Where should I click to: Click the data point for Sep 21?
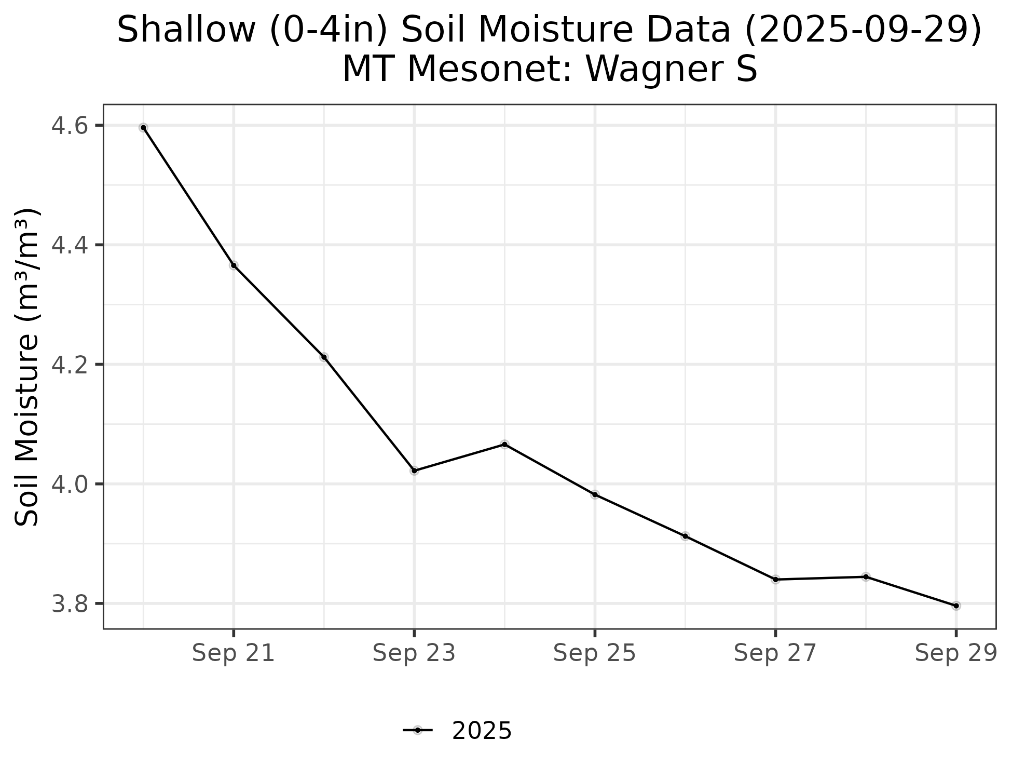(234, 265)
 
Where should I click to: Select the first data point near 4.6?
(143, 127)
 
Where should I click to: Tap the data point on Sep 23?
(414, 471)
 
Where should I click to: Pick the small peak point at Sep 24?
(504, 444)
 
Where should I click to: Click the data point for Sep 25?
(595, 494)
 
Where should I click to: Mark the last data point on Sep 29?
(956, 606)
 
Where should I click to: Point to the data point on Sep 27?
(775, 579)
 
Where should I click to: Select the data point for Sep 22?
(324, 357)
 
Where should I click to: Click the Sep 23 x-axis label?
(414, 653)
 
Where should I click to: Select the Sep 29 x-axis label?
(956, 653)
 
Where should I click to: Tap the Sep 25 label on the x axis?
(595, 653)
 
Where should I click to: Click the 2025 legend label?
(482, 731)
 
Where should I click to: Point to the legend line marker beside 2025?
(417, 731)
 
